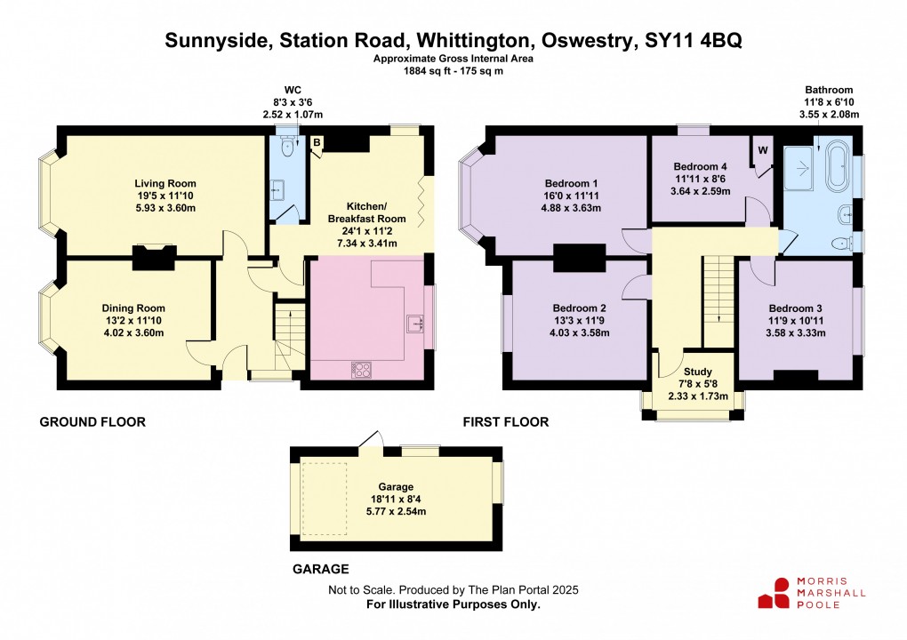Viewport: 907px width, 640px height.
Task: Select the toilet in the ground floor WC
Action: click(285, 147)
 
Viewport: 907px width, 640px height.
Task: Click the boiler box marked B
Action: click(317, 142)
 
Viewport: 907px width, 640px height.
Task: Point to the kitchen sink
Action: click(415, 324)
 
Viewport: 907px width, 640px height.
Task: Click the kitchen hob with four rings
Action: click(364, 369)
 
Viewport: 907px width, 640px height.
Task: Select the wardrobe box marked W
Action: click(762, 150)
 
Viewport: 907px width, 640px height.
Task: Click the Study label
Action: click(696, 372)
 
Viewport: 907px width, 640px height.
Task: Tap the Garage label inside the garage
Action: click(396, 487)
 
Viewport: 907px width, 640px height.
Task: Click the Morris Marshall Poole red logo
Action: click(773, 593)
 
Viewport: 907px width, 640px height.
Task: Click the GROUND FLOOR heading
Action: click(92, 421)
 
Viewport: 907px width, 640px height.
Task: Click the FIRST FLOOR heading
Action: click(505, 421)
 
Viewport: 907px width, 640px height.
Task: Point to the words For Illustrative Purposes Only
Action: click(453, 604)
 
